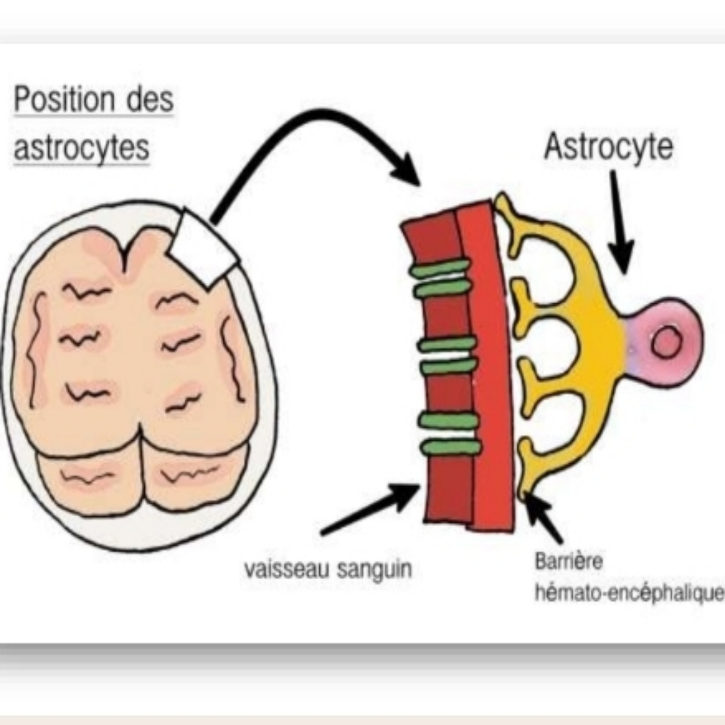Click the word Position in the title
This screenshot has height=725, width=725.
[x=65, y=100]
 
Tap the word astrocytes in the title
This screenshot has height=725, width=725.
[x=82, y=148]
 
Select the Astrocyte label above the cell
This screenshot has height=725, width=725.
[x=608, y=147]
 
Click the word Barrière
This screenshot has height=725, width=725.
[x=568, y=561]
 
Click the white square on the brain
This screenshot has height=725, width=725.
[x=202, y=247]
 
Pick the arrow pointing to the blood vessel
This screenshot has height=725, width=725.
[x=370, y=509]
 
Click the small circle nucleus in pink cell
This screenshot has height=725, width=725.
[x=666, y=343]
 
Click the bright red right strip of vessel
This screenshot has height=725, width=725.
[x=489, y=370]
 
